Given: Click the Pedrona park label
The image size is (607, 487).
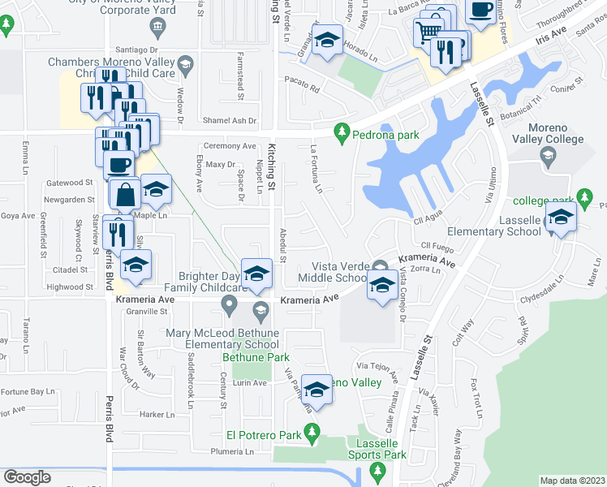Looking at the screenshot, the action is (385, 135).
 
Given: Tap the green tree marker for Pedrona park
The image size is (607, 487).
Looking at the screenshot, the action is (343, 131).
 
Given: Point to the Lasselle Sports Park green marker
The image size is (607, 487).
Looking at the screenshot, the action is (375, 471).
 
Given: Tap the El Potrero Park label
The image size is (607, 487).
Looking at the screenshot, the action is (265, 435).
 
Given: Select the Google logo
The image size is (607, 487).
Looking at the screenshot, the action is (26, 477).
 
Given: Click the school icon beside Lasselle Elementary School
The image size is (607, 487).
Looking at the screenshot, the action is (560, 217).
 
